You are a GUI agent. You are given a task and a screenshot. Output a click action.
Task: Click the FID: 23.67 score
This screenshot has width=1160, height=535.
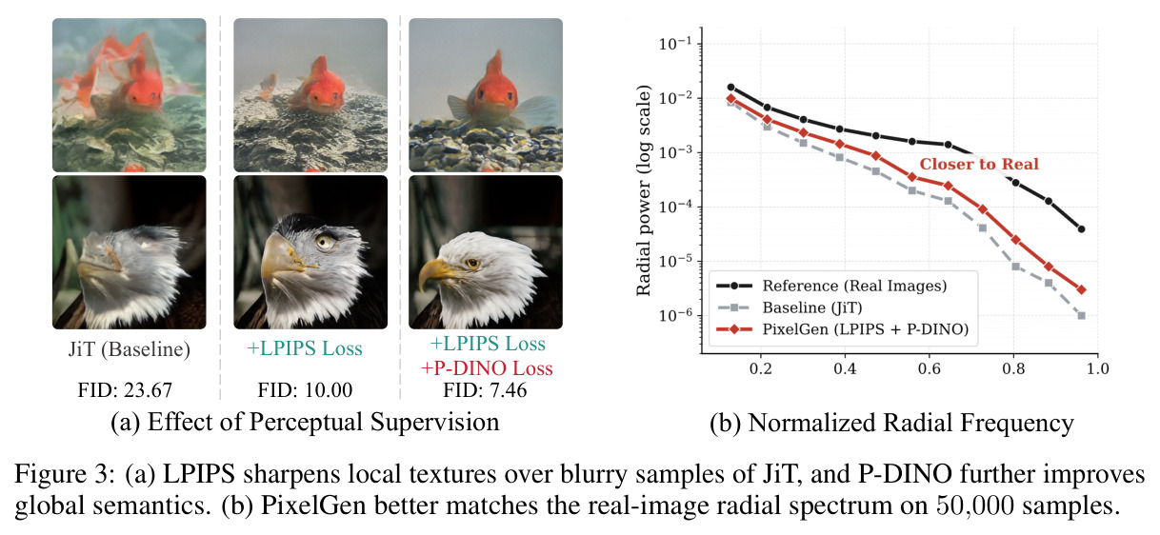[125, 389]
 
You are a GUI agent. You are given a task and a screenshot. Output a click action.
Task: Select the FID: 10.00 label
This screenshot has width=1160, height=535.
[305, 389]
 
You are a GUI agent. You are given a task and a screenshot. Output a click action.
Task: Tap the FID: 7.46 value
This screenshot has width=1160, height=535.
[485, 389]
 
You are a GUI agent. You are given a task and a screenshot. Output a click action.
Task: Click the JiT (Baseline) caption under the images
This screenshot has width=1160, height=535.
[129, 349]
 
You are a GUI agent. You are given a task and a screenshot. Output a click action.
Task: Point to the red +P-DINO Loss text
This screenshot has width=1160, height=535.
[487, 367]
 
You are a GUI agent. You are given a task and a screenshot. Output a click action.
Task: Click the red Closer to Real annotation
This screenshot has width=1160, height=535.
[979, 164]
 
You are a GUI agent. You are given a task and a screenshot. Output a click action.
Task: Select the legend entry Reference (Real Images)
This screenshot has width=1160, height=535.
[831, 286]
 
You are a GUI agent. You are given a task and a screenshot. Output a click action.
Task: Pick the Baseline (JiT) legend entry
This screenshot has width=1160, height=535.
[790, 307]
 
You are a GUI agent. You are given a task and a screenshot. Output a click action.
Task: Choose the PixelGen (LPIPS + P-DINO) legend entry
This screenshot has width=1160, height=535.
[843, 329]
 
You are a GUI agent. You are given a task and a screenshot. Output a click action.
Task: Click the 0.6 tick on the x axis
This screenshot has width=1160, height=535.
[929, 368]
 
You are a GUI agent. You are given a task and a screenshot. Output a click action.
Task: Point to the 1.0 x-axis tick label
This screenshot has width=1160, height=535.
[1097, 368]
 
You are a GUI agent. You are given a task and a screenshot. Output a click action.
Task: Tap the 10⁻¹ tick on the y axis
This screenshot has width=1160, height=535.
[677, 44]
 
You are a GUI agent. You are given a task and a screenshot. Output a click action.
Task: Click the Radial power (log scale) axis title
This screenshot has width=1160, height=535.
[643, 190]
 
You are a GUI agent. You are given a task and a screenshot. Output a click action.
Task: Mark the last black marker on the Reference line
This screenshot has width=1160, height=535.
[1081, 228]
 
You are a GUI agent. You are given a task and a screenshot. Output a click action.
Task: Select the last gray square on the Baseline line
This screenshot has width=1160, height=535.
[1081, 316]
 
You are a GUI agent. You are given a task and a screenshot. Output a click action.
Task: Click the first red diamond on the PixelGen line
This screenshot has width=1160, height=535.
[730, 98]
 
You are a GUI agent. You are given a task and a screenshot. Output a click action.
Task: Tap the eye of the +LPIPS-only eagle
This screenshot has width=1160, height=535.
[325, 242]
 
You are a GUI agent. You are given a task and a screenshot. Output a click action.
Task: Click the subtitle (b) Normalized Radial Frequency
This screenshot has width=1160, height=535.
[891, 423]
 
